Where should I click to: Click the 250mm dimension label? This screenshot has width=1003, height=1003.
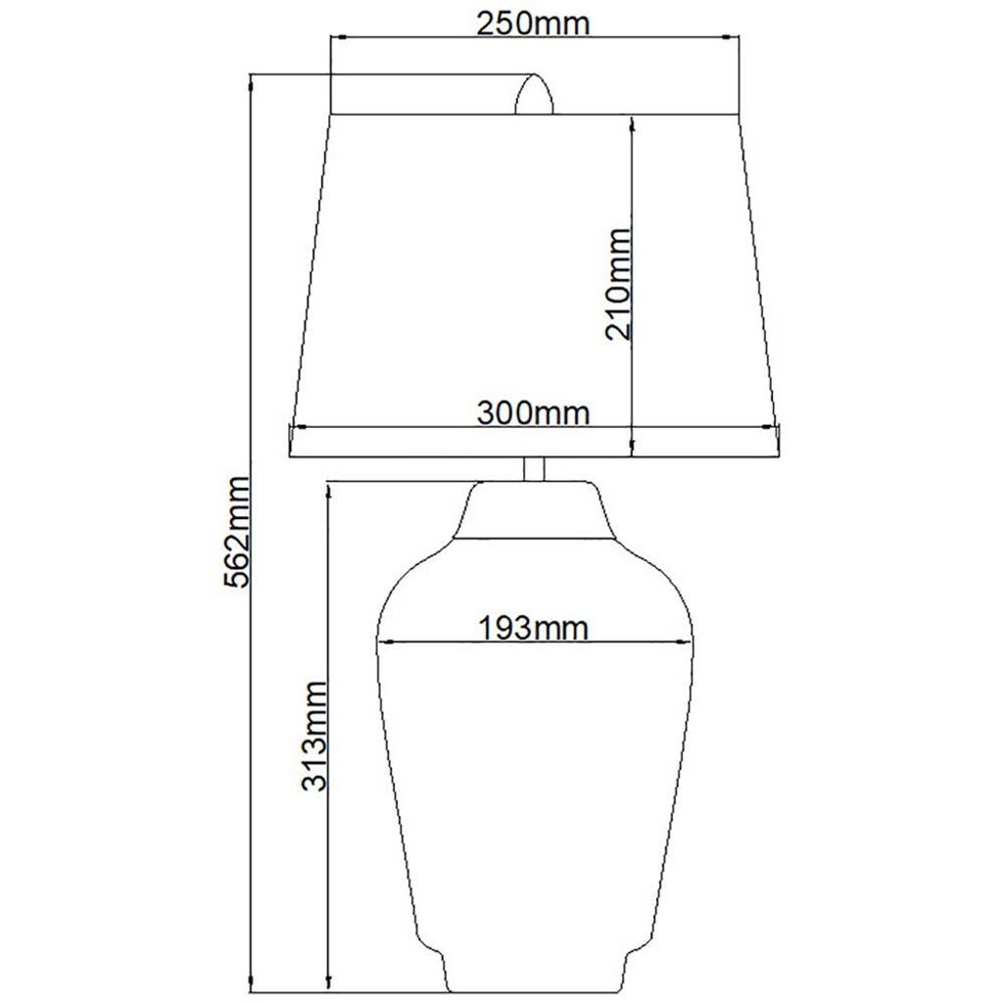click(x=532, y=24)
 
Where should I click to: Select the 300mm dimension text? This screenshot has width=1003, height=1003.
click(x=533, y=413)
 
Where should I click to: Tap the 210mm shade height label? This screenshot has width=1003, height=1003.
click(x=619, y=284)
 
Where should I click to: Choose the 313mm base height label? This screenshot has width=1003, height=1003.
click(x=314, y=736)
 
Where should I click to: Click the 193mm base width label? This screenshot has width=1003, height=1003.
click(x=533, y=628)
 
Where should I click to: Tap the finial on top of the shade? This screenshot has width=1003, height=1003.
click(x=534, y=94)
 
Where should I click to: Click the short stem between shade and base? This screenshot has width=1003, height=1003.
click(x=534, y=469)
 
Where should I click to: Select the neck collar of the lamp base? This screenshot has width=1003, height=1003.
click(x=535, y=509)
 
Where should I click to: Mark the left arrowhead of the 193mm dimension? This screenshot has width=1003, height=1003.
click(x=384, y=642)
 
